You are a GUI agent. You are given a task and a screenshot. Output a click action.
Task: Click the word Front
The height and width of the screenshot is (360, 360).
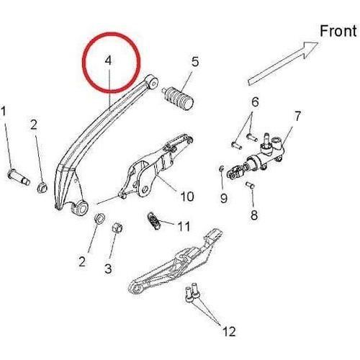338,31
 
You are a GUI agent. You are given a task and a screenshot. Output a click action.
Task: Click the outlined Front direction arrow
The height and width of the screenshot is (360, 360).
283,63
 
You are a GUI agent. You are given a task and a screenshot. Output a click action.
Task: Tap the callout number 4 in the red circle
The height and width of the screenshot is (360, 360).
109,60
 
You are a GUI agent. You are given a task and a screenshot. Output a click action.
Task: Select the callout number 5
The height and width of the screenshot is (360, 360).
195,62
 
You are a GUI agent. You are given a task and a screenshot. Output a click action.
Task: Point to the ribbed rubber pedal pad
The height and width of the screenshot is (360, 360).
179,98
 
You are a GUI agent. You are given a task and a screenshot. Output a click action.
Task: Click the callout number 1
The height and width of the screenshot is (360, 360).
4,112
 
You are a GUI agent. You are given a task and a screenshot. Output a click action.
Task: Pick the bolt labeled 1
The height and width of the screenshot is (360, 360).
19,178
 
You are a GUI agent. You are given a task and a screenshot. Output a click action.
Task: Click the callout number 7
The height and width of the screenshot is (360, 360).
297,117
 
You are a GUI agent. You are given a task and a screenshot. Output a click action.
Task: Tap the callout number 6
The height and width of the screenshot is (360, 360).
255,102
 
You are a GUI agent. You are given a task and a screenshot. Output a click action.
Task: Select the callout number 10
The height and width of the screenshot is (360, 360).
187,197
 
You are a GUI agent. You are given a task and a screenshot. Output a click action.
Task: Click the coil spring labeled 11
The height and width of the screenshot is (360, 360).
154,221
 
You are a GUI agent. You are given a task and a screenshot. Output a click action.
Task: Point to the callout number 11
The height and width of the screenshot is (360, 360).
184,226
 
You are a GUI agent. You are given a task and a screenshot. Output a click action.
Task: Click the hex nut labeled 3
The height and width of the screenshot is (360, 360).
117,227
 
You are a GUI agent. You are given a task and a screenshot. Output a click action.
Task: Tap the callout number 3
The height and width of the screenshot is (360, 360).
108,269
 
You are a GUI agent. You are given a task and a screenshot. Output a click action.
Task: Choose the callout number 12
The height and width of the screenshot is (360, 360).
229,332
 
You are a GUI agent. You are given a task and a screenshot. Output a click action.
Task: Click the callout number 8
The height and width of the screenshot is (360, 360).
254,215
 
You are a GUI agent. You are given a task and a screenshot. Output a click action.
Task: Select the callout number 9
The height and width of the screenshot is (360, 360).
224,199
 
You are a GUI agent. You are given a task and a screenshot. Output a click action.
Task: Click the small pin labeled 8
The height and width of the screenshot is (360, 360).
250,185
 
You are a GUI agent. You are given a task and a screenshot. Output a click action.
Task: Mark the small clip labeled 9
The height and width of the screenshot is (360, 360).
222,168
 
